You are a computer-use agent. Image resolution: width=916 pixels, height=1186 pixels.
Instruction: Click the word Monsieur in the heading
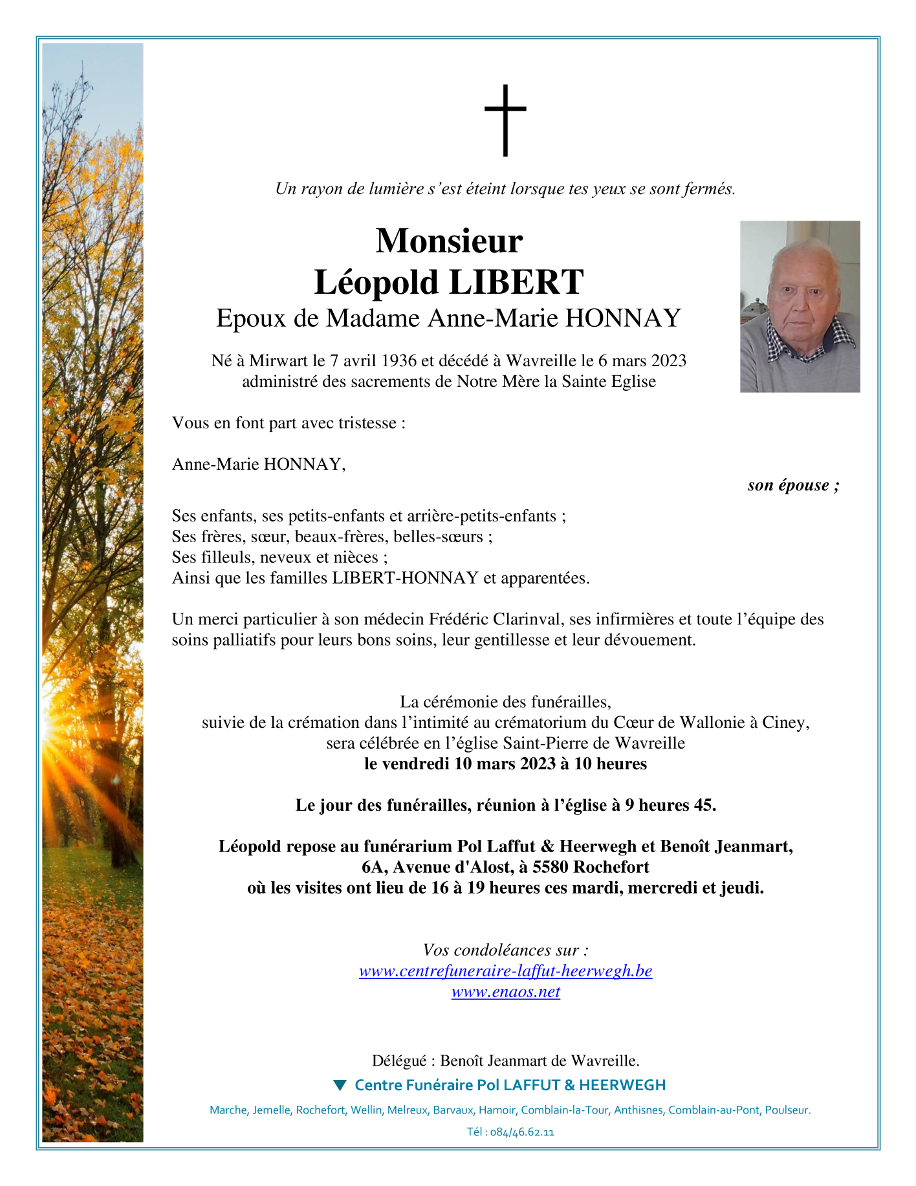pos(449,241)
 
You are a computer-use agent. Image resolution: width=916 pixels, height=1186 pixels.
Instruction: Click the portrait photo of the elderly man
pos(800,306)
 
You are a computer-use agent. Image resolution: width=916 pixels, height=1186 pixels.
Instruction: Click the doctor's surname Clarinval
pos(527,619)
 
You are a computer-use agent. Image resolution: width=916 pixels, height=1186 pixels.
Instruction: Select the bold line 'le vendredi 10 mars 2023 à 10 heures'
pos(505,763)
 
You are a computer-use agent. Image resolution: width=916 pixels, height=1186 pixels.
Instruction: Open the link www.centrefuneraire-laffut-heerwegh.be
pos(505,971)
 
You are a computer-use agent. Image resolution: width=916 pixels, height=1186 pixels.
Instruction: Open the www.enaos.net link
pos(505,991)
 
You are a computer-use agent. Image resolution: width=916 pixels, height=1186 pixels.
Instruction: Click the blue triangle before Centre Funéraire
pos(340,1084)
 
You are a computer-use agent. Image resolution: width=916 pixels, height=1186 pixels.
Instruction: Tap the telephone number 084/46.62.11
pos(522,1132)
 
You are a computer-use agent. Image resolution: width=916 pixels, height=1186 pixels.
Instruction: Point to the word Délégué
pos(399,1060)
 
